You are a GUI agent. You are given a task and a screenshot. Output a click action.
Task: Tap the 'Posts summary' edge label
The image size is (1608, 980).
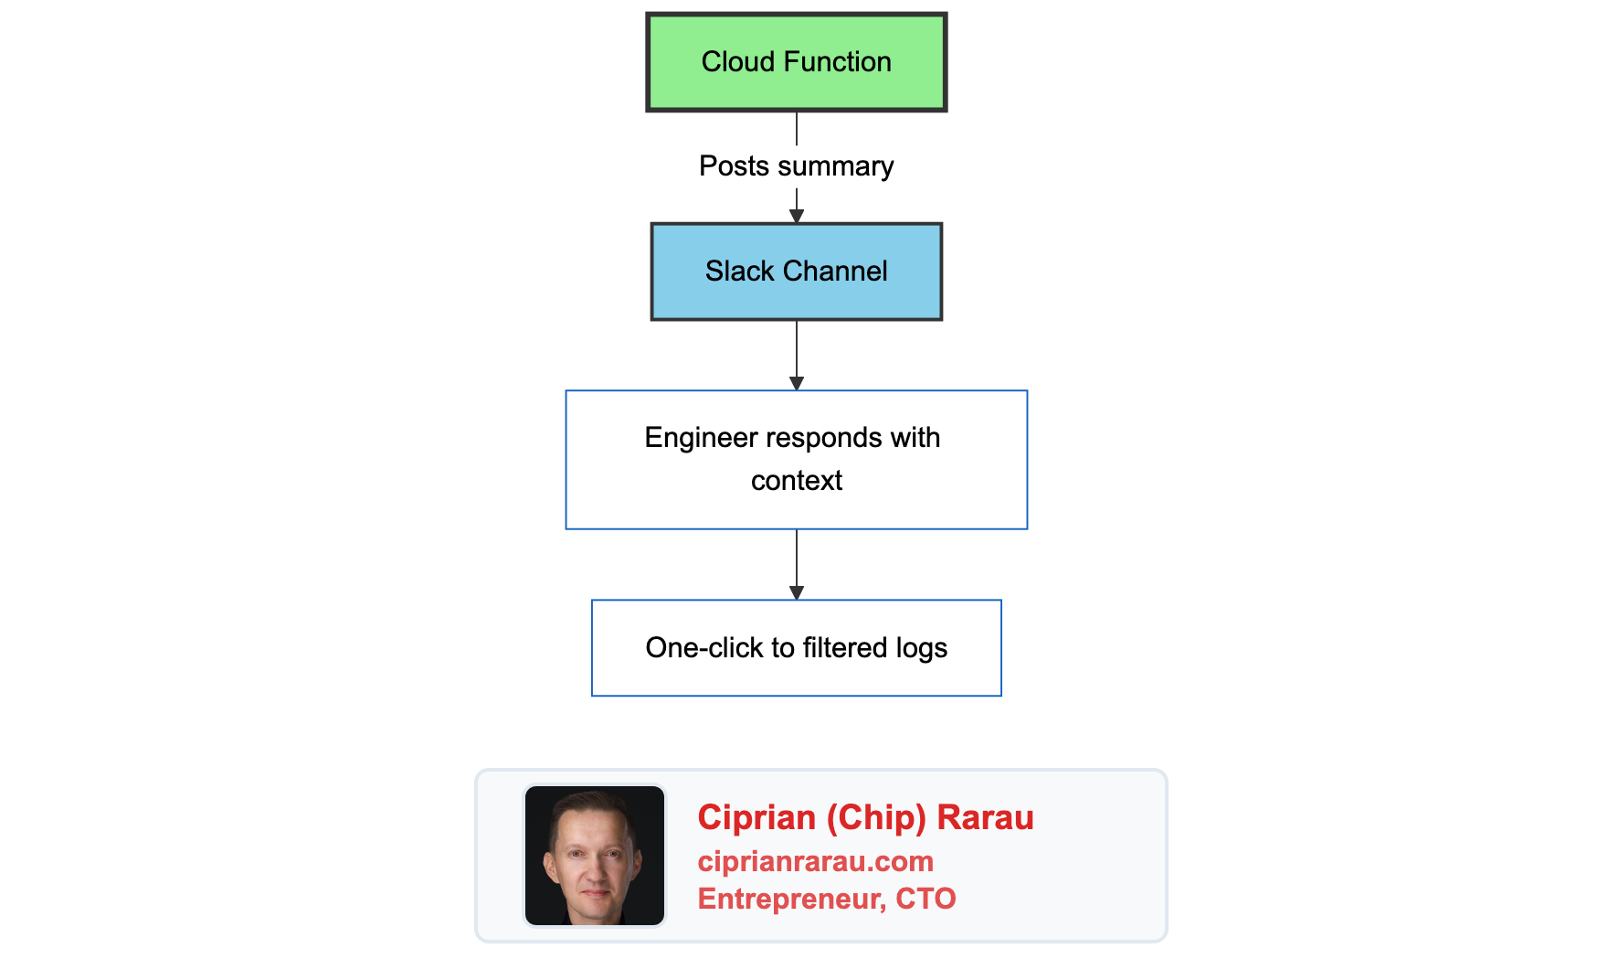[x=796, y=166]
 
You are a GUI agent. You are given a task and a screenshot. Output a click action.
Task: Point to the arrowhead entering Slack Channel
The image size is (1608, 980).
[x=796, y=216]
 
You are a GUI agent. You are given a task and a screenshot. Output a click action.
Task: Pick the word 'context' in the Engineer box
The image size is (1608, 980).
[x=796, y=481]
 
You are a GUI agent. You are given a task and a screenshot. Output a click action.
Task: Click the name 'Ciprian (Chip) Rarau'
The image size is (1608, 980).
[x=864, y=817]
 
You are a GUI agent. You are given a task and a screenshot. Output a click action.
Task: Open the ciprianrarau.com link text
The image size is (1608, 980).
[x=815, y=861]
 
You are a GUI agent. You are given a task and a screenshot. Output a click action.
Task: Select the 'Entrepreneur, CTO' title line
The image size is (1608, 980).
[x=826, y=899]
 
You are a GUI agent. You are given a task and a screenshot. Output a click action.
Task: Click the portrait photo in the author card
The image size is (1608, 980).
[x=595, y=856]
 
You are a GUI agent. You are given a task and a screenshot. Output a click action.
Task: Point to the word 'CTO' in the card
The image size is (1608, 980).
[x=926, y=899]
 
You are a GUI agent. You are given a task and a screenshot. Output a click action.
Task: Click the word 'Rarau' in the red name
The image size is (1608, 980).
[x=985, y=817]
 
